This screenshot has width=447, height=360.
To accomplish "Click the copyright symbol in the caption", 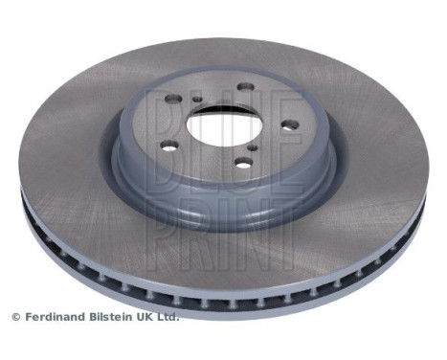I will pos(15,316).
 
